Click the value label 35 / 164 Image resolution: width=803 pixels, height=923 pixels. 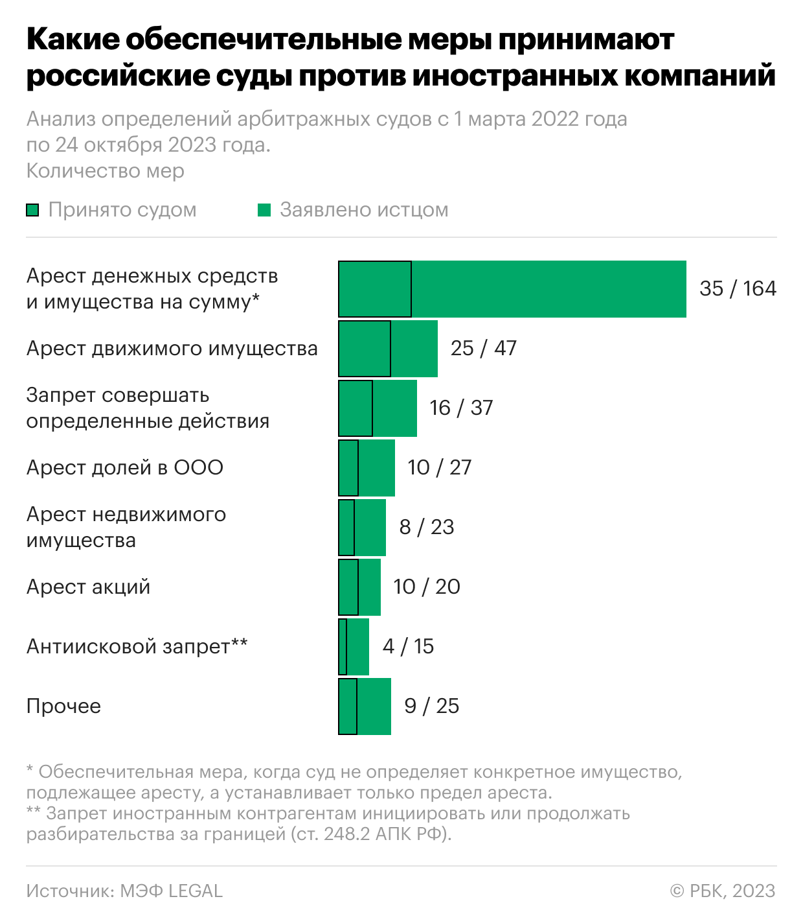[x=738, y=288]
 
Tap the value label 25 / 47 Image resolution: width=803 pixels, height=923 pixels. [x=483, y=348]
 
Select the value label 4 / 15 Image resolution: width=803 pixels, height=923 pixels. [x=408, y=646]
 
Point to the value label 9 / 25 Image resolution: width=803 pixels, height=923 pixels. [x=431, y=706]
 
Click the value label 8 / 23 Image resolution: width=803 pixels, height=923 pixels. [x=426, y=527]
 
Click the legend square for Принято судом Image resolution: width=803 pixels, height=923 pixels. [x=32, y=210]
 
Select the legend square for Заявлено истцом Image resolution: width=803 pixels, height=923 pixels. [x=264, y=210]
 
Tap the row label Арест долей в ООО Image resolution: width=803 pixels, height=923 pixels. [x=125, y=467]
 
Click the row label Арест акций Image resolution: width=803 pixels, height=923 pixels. [x=88, y=587]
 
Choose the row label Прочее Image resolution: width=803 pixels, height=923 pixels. [x=63, y=706]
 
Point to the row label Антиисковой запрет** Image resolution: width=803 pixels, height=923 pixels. [x=137, y=646]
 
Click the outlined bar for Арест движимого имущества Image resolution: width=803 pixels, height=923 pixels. [x=365, y=348]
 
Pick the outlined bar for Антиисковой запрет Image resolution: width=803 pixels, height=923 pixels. [x=343, y=646]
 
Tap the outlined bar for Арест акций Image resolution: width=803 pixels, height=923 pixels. [x=348, y=587]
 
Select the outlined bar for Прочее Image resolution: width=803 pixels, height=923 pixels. [x=348, y=706]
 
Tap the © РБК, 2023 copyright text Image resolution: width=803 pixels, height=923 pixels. [x=722, y=891]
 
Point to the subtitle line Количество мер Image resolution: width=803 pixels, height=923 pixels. [x=106, y=170]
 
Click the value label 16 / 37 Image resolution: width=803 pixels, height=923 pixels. [x=461, y=408]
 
